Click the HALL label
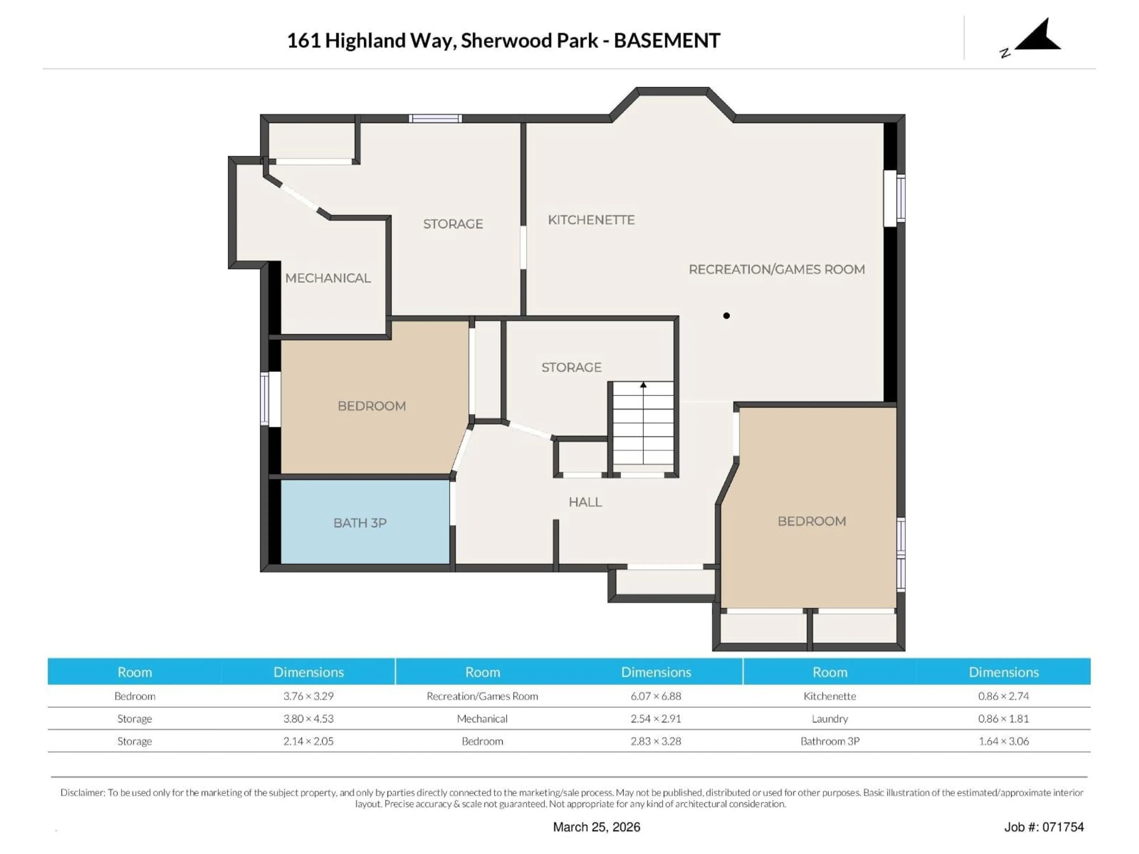[585, 502]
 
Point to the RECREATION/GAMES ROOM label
[777, 269]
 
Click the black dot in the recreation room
[726, 316]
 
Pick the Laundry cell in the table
[830, 718]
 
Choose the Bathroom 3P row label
[830, 741]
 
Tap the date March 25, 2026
[596, 827]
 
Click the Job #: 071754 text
[1044, 827]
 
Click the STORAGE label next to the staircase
[571, 367]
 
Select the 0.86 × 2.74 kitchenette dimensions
[1003, 696]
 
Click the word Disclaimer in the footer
[82, 792]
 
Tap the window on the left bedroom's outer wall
[265, 399]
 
